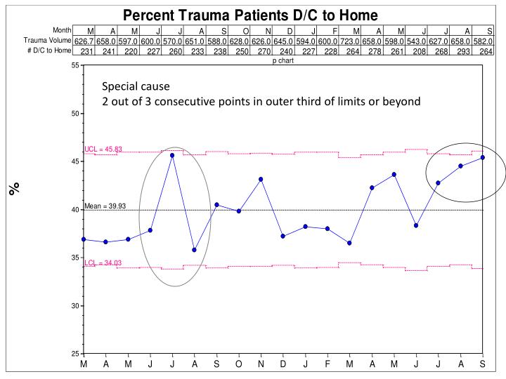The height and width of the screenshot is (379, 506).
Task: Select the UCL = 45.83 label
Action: coord(103,149)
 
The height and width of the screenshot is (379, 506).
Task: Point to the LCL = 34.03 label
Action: coord(103,263)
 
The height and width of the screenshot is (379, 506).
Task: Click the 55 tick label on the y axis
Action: coord(74,65)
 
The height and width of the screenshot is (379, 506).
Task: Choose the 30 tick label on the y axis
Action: coord(74,306)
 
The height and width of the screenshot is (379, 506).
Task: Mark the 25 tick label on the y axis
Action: coord(74,354)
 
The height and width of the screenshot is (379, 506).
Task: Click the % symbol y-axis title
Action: coord(13,188)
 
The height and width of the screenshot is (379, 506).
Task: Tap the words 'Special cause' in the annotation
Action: coord(136,87)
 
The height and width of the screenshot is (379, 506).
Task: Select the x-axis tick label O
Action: coord(239,366)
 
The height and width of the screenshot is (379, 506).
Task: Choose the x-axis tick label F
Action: coord(327,366)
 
